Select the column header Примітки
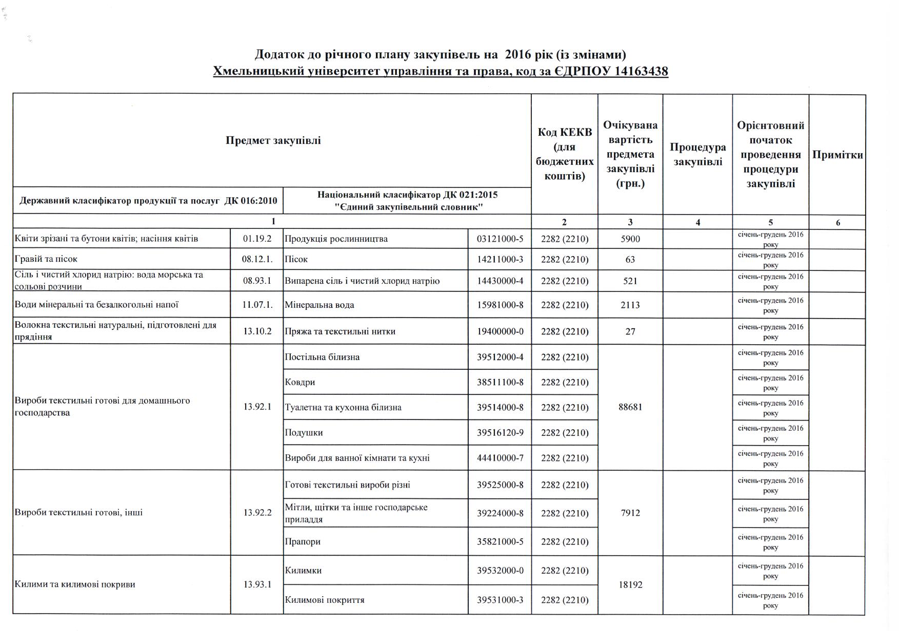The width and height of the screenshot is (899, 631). tap(837, 155)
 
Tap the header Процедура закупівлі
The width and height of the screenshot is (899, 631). tap(697, 155)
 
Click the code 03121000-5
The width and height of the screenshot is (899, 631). tap(500, 239)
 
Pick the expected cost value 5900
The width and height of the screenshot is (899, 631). tap(630, 239)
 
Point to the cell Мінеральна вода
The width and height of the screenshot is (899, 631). tap(319, 305)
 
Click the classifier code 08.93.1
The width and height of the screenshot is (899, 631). tap(256, 281)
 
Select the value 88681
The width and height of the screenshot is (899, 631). tap(630, 407)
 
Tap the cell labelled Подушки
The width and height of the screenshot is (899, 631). tap(304, 433)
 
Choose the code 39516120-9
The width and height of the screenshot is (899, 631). tap(500, 433)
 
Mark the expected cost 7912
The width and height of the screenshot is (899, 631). tap(630, 513)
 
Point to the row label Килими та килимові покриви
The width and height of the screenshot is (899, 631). tap(75, 584)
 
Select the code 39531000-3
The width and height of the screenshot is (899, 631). tap(500, 600)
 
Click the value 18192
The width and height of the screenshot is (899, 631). tap(630, 585)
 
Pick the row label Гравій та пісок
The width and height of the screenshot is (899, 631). tap(46, 259)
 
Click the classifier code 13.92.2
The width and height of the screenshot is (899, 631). tap(257, 513)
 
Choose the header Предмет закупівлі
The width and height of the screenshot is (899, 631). tap(273, 140)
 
